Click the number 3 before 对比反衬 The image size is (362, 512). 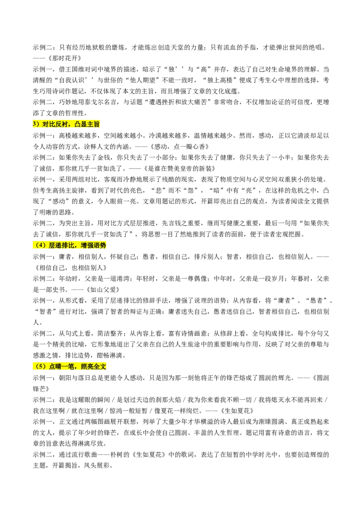pos(34,124)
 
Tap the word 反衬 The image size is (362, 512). pos(62,124)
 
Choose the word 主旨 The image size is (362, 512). pos(94,124)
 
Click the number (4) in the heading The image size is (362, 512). pos(40,245)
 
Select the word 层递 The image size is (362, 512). pos(55,245)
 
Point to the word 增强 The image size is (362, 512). pos(87,245)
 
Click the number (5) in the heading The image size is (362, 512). pos(40,367)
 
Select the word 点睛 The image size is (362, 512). pos(55,367)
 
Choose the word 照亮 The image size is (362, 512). pos(87,367)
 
